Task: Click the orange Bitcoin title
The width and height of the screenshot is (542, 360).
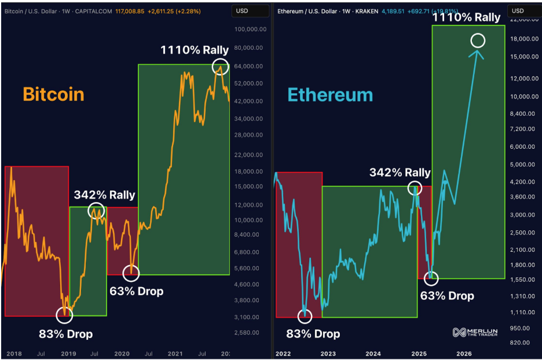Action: pyautogui.click(x=53, y=94)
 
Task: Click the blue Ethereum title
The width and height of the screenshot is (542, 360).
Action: pyautogui.click(x=330, y=95)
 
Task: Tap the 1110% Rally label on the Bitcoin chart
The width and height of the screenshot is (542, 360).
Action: pyautogui.click(x=195, y=50)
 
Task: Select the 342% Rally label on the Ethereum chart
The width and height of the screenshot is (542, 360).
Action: pyautogui.click(x=400, y=172)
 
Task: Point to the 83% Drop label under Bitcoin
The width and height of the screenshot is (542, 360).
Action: pyautogui.click(x=65, y=333)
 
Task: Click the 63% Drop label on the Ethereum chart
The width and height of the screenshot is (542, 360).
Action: pyautogui.click(x=446, y=296)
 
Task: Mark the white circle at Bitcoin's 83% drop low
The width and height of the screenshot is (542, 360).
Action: pyautogui.click(x=64, y=315)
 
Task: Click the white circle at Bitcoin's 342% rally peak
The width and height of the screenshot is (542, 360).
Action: pyautogui.click(x=96, y=211)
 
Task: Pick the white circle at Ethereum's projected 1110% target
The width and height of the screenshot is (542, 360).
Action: pyautogui.click(x=478, y=40)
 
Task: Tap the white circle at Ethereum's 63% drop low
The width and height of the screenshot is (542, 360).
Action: pyautogui.click(x=431, y=278)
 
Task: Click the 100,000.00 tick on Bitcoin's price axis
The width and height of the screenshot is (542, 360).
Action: pyautogui.click(x=250, y=30)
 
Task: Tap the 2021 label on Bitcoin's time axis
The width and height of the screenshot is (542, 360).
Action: pyautogui.click(x=175, y=353)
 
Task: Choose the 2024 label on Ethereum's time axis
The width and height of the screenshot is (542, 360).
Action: pyautogui.click(x=373, y=353)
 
